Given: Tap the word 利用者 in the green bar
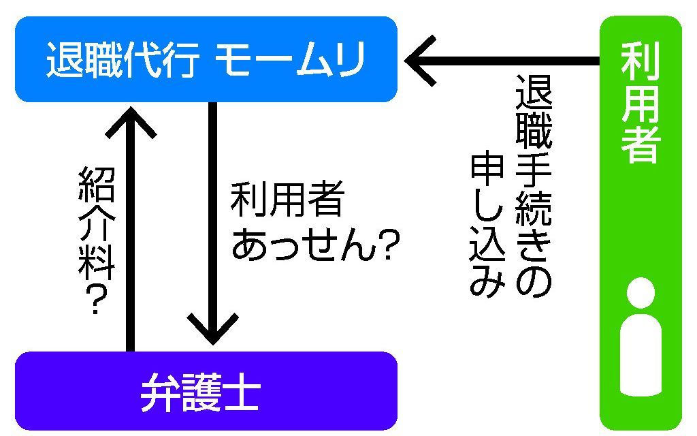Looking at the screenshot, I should [x=641, y=103].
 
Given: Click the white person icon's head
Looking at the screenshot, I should [x=641, y=292].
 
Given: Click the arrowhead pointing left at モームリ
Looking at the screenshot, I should [x=422, y=60].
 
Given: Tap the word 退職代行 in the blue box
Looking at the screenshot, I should [x=123, y=60].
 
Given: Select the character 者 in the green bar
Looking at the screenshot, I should [x=641, y=142].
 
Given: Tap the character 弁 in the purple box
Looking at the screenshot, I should [x=159, y=394].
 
